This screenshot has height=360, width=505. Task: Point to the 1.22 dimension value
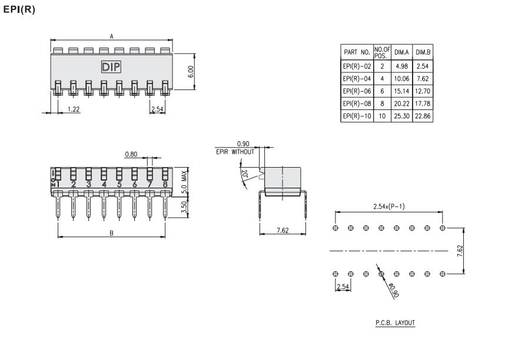pos(74,109)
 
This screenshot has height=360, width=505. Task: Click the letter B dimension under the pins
pos(111,233)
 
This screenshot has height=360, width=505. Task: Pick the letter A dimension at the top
pos(112,36)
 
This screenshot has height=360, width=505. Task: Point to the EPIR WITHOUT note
pos(235,152)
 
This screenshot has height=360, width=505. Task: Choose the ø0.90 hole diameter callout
pos(392,288)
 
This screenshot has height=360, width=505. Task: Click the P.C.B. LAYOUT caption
pos(396,323)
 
